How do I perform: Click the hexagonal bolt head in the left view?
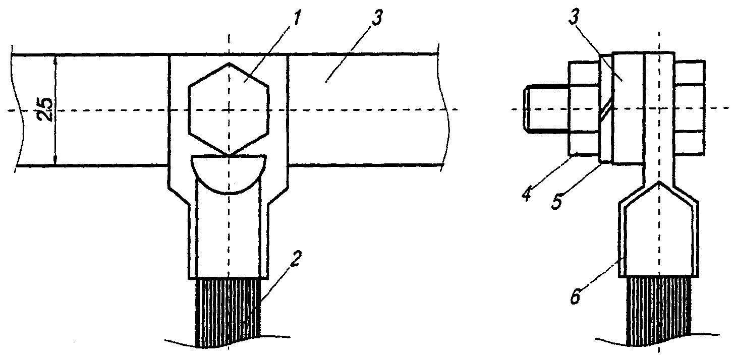(228, 108)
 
